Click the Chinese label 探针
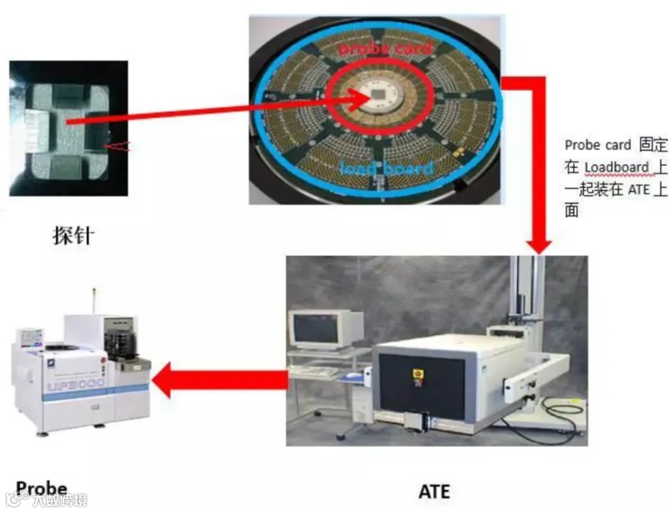[72, 236]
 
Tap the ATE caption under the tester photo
[434, 491]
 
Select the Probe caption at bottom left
[42, 488]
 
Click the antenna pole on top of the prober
[94, 302]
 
